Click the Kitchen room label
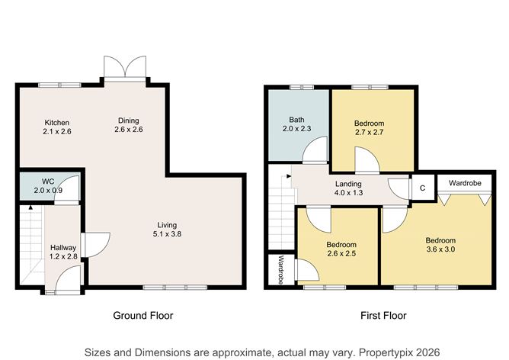[57, 123]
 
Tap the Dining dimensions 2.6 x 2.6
[129, 130]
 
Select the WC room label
[48, 182]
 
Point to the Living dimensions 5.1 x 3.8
[167, 233]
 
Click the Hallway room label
[63, 248]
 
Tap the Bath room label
[296, 120]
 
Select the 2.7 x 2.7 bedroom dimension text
[370, 132]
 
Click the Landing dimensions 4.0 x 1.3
[348, 193]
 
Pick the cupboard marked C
[422, 188]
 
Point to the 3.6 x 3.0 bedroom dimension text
[440, 249]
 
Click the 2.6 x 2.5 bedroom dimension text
[341, 253]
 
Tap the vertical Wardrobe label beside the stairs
[281, 270]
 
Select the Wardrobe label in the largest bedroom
[465, 183]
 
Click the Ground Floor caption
[143, 316]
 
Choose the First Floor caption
[383, 316]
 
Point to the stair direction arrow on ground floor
[30, 207]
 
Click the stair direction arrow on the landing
[288, 176]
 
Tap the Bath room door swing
[315, 149]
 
